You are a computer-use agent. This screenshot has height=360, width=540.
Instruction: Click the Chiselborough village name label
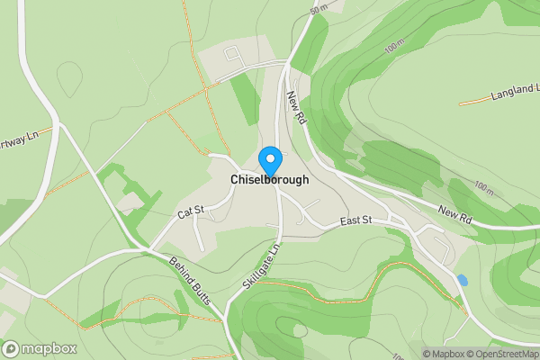point(270,180)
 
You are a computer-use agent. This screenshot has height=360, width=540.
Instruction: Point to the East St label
point(355,222)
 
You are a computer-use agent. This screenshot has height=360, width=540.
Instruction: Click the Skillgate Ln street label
point(262,266)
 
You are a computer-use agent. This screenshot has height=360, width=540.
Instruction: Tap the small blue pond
point(463,280)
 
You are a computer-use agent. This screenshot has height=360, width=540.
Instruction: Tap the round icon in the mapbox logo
point(11,348)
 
